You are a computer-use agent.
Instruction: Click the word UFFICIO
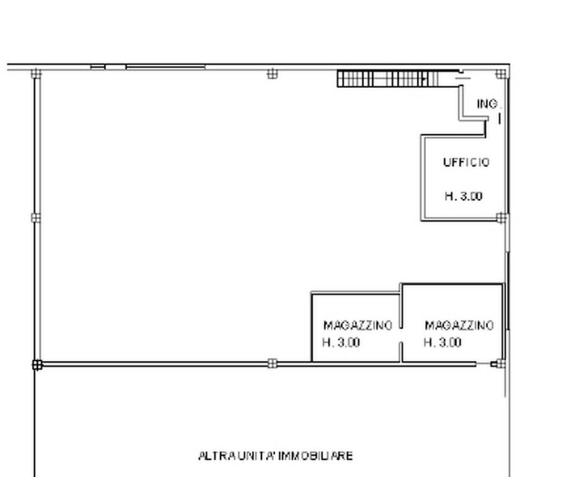pos(466,162)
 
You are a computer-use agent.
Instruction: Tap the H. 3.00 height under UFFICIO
pos(463,196)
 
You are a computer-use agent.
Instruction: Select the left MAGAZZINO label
pos(357,325)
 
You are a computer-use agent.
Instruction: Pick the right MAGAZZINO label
pos(459,325)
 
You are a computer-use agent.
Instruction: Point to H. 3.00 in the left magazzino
pos(341,343)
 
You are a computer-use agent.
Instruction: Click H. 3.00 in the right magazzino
pos(442,343)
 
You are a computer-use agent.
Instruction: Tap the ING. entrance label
pos(489,104)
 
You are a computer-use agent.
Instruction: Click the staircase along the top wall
pos(387,79)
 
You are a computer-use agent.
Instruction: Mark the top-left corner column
pos(36,73)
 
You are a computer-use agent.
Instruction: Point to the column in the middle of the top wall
pos(272,74)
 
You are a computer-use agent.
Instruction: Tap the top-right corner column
pos(501,74)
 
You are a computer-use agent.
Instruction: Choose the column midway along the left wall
pos(36,218)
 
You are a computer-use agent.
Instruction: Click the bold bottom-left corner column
pos(37,365)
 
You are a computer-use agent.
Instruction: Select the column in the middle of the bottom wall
pos(272,363)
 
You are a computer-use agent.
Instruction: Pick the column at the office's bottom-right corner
pos(502,218)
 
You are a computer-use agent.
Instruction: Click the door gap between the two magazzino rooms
pos(401,335)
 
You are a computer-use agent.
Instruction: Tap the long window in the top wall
pos(166,67)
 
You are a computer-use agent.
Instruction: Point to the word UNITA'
pos(257,456)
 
